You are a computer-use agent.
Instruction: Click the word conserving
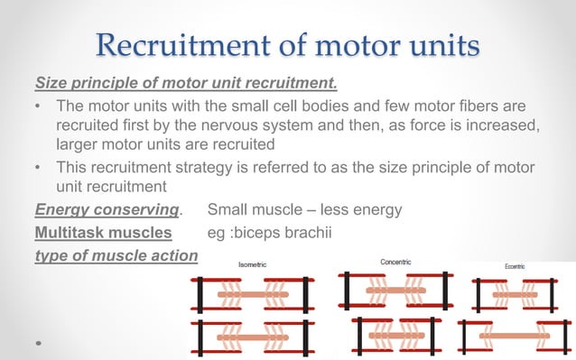tap(131, 210)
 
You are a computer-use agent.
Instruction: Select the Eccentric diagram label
tap(520, 266)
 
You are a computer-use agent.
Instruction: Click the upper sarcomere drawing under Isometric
tap(252, 293)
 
